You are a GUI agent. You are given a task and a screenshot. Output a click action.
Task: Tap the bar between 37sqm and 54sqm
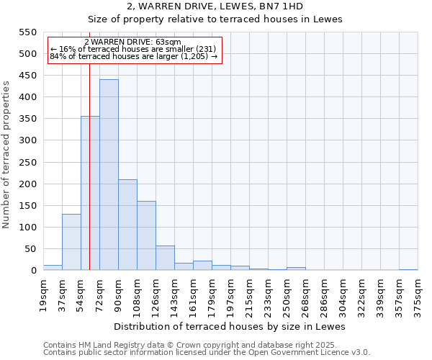(71, 242)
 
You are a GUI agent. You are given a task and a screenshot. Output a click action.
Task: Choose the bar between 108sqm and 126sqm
(146, 235)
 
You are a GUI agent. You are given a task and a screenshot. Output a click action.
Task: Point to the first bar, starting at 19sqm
(53, 267)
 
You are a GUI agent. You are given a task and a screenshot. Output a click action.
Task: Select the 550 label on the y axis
(27, 32)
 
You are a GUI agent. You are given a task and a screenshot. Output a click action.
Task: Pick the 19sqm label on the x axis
(43, 293)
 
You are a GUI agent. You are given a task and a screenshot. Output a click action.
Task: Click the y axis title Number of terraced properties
(7, 155)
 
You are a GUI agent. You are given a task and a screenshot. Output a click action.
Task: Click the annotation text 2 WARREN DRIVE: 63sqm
(132, 42)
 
